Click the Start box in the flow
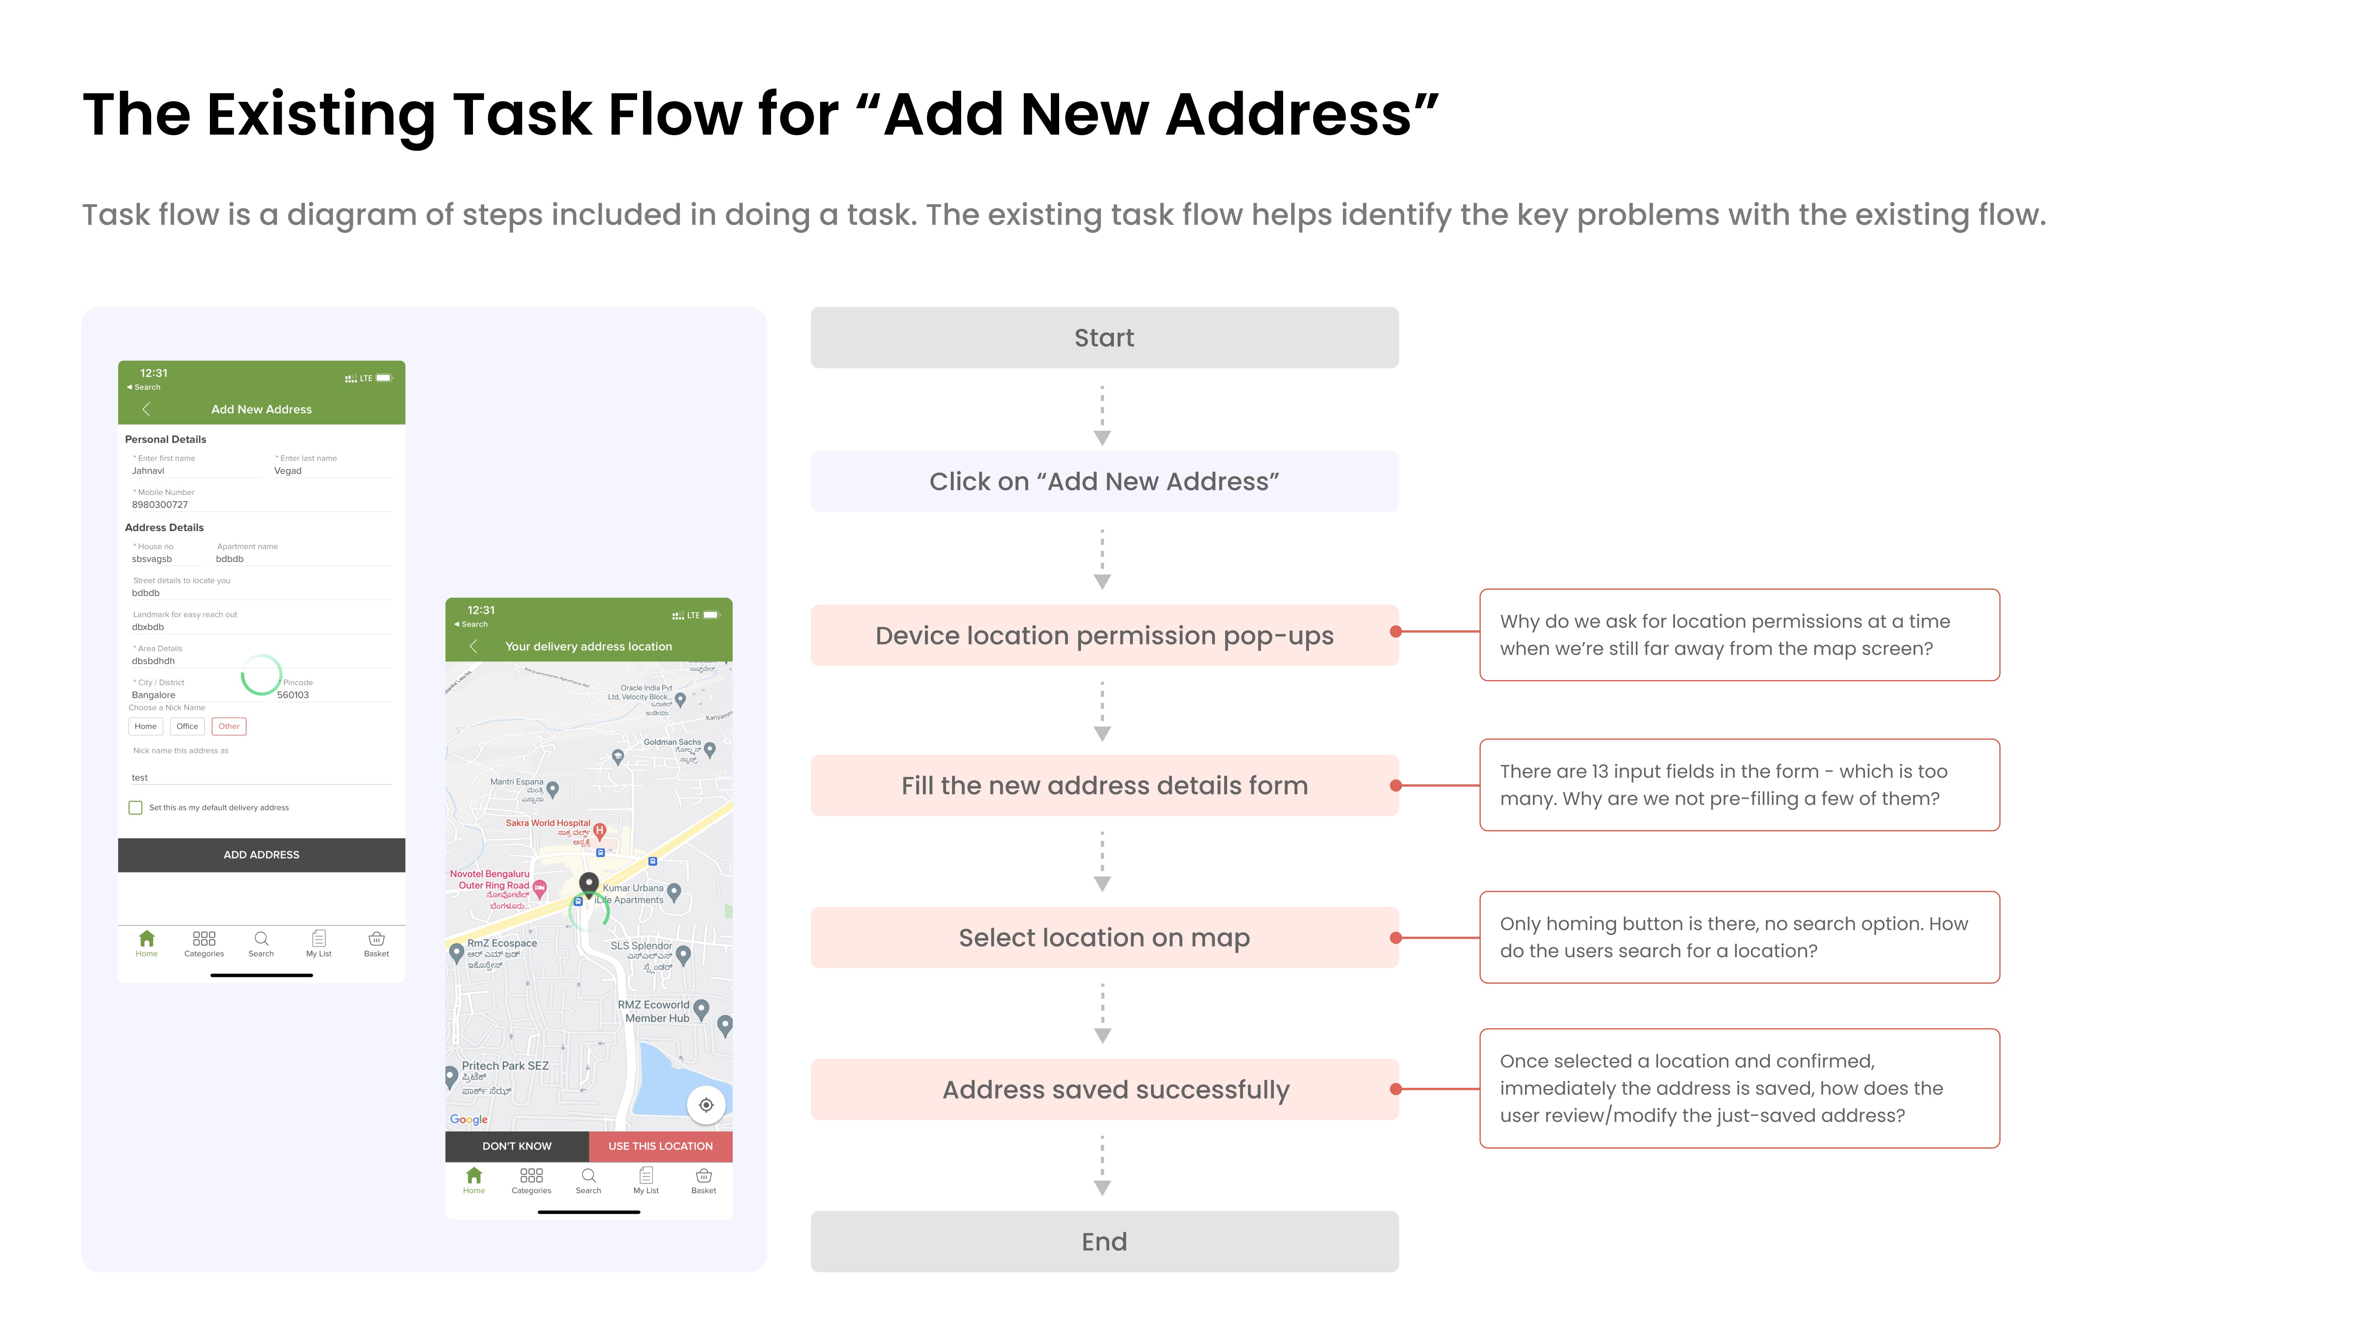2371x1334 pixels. coord(1104,338)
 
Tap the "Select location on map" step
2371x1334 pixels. coord(1104,937)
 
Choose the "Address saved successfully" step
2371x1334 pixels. coord(1104,1089)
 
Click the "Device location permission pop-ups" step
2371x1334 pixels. coord(1104,635)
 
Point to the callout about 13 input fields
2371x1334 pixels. coord(1739,784)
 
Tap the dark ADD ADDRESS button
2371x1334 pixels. coord(261,854)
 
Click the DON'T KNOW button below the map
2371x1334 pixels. coord(516,1146)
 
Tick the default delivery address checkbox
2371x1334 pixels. coord(135,807)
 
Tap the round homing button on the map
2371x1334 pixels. coord(706,1105)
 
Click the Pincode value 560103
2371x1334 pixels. coord(293,695)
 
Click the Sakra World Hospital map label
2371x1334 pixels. coord(547,823)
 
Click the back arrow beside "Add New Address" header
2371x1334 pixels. coord(145,409)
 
